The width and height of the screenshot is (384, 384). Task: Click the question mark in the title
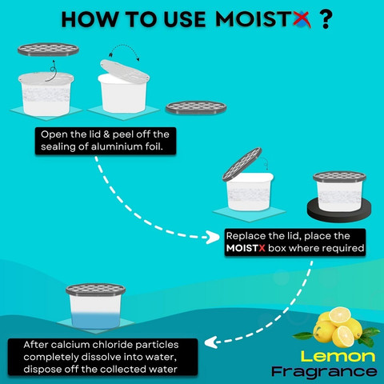326,20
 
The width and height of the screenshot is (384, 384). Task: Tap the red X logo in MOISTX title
302,19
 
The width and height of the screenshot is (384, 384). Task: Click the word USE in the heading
184,20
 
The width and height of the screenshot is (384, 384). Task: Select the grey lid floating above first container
48,50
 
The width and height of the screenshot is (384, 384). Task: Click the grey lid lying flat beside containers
196,107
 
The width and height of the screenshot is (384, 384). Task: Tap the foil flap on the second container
125,70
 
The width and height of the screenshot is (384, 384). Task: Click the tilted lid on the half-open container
242,164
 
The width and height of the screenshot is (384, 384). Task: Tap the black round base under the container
339,210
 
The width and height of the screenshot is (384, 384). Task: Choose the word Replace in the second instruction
246,236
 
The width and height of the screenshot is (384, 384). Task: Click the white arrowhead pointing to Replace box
214,237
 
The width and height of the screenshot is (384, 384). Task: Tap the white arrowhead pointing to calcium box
211,342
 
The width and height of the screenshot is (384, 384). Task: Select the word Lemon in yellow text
338,356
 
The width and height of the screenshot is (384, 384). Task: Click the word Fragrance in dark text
324,372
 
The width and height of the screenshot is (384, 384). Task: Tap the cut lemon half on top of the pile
339,315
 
